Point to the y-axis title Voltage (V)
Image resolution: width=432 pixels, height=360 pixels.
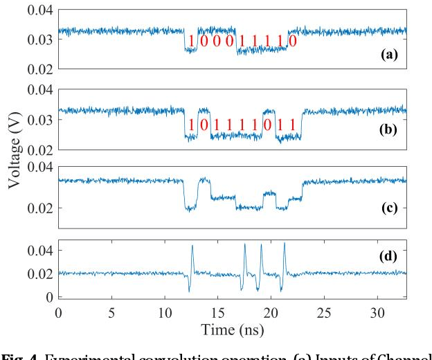[x=15, y=149]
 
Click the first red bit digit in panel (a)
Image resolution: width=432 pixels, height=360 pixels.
[x=190, y=41]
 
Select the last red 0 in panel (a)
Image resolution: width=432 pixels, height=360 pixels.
[x=293, y=41]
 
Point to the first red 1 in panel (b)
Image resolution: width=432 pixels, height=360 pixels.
[x=191, y=125]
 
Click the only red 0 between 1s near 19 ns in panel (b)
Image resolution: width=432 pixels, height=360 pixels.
[x=267, y=125]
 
